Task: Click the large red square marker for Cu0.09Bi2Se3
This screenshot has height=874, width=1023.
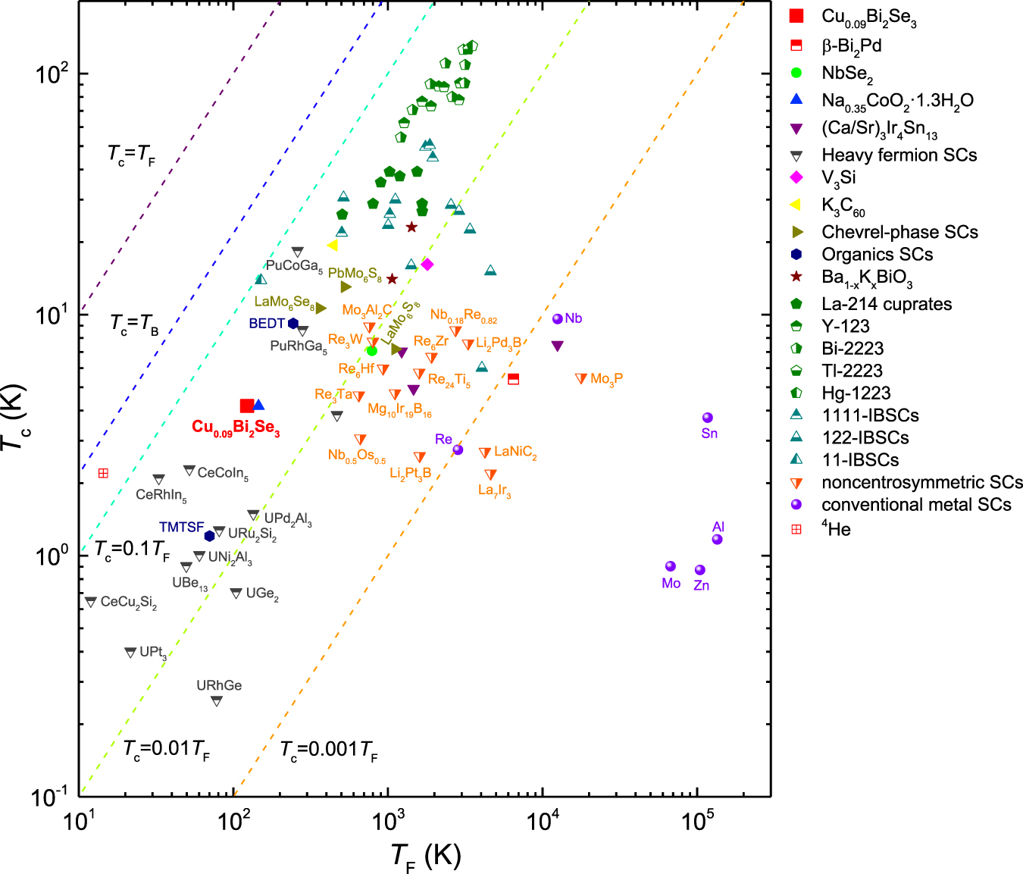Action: point(246,406)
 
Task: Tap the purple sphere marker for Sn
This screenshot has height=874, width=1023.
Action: point(708,418)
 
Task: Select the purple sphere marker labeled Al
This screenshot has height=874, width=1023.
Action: point(717,540)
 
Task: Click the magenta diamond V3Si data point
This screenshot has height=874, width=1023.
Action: point(427,265)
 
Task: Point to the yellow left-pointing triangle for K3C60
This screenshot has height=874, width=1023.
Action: point(332,246)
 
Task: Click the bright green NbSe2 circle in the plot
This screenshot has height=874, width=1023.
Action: point(371,351)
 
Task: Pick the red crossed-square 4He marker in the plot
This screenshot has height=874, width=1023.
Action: point(103,474)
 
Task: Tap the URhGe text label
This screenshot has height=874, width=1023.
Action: point(219,685)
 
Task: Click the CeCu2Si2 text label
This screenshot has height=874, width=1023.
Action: point(129,603)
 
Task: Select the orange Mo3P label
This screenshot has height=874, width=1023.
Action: point(606,379)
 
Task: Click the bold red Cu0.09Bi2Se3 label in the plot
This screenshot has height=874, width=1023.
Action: point(236,428)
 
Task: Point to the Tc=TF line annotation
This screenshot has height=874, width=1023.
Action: point(132,155)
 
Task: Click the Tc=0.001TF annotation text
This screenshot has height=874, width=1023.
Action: point(329,750)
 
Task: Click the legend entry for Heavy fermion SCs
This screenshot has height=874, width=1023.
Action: point(899,155)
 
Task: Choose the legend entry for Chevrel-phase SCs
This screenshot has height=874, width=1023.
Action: point(899,232)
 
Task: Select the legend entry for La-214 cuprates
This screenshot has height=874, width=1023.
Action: point(887,304)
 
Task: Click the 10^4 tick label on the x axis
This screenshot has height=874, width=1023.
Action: point(543,821)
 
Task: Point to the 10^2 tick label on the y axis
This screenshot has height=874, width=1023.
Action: point(52,74)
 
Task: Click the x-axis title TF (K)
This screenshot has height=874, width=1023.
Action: point(426,857)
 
